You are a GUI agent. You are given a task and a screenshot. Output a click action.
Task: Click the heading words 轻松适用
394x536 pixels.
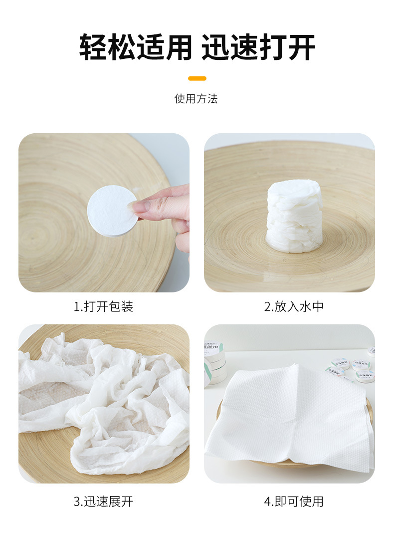(x=135, y=48)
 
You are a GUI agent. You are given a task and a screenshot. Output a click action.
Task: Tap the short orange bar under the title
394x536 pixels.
(x=197, y=78)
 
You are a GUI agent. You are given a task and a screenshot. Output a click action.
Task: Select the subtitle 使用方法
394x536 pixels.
(x=196, y=99)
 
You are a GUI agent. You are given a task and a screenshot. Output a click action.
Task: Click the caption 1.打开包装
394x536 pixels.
(x=104, y=307)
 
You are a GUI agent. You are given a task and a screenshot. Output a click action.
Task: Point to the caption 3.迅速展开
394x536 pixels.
(x=104, y=501)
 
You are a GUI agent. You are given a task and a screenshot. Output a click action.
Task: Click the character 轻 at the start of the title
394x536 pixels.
(x=94, y=48)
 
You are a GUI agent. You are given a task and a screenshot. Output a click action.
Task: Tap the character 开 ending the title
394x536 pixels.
(x=301, y=48)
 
